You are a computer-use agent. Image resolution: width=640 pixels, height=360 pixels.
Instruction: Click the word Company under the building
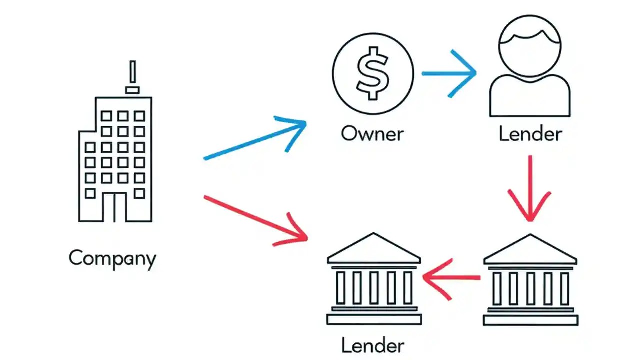[x=112, y=258]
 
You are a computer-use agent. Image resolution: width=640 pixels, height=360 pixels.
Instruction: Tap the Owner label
[x=372, y=133]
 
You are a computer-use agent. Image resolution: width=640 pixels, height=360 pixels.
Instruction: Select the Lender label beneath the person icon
[x=530, y=133]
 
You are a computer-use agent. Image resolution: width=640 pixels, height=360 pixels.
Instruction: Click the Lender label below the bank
[x=372, y=345]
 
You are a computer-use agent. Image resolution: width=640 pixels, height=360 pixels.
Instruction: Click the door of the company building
[x=114, y=207]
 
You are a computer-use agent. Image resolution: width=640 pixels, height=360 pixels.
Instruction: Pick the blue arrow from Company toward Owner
[x=255, y=140]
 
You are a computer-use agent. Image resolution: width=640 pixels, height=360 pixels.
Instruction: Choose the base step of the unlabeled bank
[x=530, y=319]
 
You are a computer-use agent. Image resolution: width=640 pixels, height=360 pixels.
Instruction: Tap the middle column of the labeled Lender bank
[x=374, y=288]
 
